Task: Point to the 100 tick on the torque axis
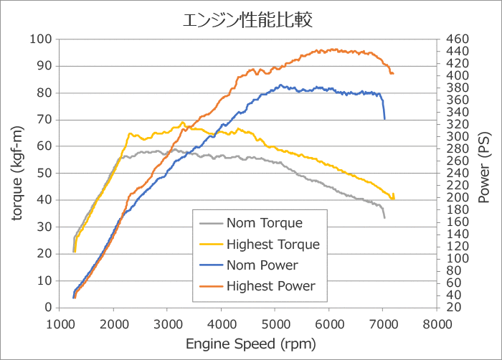coord(42,39)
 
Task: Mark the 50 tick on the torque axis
coord(45,173)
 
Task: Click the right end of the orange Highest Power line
coord(393,73)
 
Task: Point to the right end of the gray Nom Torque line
coord(384,217)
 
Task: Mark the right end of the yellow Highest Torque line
coord(394,199)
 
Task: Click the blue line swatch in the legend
coord(209,265)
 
